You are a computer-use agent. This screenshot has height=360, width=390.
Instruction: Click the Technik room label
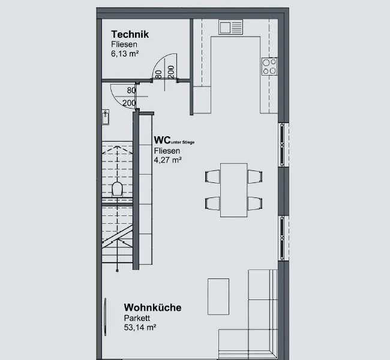click(x=130, y=34)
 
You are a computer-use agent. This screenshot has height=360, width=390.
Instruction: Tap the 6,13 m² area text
click(x=125, y=53)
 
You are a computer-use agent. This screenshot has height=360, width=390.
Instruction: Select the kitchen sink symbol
click(x=230, y=27)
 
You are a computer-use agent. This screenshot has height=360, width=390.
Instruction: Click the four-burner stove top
click(x=269, y=67)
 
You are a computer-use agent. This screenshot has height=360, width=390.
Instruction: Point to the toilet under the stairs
click(x=118, y=189)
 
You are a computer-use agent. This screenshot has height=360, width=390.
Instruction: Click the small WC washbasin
click(x=106, y=117)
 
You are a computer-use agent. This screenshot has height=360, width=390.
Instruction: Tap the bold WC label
click(x=162, y=140)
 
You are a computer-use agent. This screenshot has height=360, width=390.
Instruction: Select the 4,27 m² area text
click(x=167, y=160)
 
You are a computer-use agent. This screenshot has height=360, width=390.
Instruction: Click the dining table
click(x=233, y=190)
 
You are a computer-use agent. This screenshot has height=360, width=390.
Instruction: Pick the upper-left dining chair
click(x=212, y=176)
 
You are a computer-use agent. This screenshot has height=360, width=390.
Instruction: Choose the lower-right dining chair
click(x=255, y=203)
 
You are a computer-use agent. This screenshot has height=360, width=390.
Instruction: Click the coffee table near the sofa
click(x=218, y=296)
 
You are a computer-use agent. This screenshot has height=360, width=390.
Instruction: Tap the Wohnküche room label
click(x=153, y=308)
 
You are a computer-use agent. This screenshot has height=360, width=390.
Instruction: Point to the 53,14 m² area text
click(x=140, y=328)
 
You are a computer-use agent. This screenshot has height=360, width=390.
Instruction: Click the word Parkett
click(x=137, y=318)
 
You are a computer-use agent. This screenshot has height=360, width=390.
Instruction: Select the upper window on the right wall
click(x=282, y=145)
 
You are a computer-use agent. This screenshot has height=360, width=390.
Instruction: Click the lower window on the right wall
click(x=282, y=238)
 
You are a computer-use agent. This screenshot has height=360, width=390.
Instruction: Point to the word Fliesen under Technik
click(x=124, y=44)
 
